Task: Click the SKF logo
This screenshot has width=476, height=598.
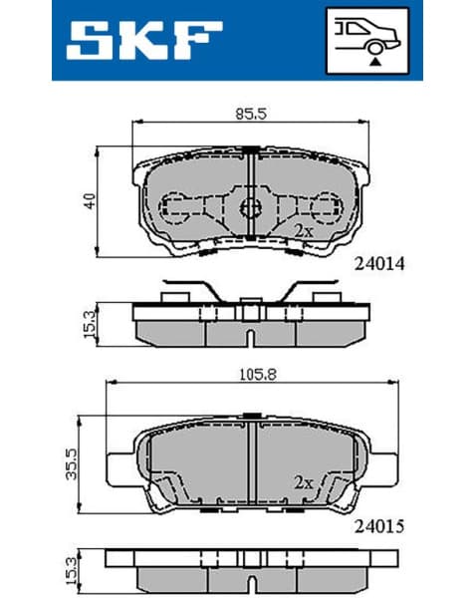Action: click(144, 41)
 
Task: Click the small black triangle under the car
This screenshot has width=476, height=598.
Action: click(375, 61)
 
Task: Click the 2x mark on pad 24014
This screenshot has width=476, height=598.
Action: click(304, 229)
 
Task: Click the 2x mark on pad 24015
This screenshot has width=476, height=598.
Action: click(304, 481)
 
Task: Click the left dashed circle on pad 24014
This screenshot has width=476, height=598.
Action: click(178, 208)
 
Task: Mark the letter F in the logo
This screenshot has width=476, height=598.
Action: click(199, 41)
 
